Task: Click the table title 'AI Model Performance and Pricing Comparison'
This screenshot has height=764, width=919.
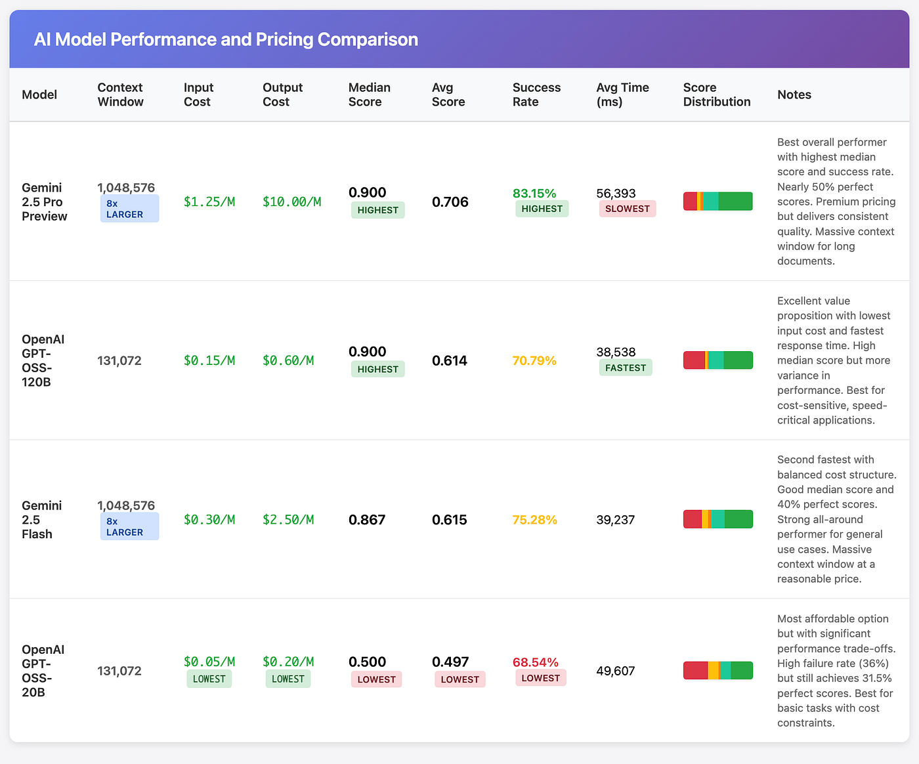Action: tap(226, 39)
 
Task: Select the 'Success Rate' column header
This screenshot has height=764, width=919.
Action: tap(536, 95)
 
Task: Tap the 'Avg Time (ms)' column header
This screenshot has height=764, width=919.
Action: tap(622, 95)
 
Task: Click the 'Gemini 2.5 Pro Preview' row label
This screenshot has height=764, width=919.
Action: tap(45, 202)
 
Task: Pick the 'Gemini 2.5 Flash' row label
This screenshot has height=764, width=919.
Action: tap(42, 519)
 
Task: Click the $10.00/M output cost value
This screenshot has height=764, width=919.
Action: tap(291, 202)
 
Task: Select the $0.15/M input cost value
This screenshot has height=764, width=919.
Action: tap(209, 360)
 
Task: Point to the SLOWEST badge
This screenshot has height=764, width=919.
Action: tap(627, 209)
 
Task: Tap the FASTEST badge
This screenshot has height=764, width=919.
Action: tap(625, 368)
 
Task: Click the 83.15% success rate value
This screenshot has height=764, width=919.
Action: tap(534, 193)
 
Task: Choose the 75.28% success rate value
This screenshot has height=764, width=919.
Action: tap(534, 519)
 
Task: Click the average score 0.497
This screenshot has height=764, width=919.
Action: tap(450, 662)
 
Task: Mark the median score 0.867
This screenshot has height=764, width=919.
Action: tap(367, 519)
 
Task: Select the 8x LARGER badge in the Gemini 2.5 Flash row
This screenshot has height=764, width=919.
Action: tap(129, 526)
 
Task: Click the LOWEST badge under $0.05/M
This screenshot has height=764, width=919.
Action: tap(209, 679)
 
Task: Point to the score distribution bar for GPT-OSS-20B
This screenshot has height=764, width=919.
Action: tap(717, 670)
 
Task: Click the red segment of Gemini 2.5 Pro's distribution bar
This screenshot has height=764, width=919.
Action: tap(690, 202)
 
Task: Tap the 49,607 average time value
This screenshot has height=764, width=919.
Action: tap(615, 671)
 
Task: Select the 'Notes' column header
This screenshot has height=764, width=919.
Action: tap(794, 95)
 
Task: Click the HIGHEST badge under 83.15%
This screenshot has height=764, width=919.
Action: tap(542, 209)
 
